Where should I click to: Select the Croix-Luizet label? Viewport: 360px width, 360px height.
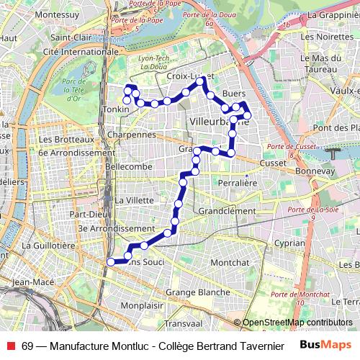pos(186,75)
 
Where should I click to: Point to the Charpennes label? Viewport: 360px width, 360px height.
pos(130,134)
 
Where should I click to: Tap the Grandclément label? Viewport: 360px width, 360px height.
pos(227,211)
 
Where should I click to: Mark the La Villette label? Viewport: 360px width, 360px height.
pos(134,199)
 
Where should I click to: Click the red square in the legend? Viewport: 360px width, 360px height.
pos(9,346)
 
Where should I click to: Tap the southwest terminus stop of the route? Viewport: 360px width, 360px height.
pos(111,262)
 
